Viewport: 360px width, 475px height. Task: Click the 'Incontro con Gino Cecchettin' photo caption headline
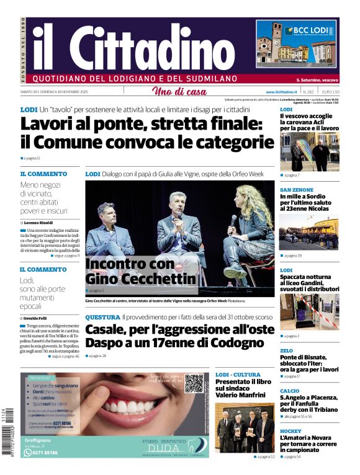coord(140,272)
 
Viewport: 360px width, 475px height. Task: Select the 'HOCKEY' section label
coord(290,431)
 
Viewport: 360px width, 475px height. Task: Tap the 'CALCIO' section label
coord(289,391)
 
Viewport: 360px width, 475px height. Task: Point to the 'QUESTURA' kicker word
coord(102,317)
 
